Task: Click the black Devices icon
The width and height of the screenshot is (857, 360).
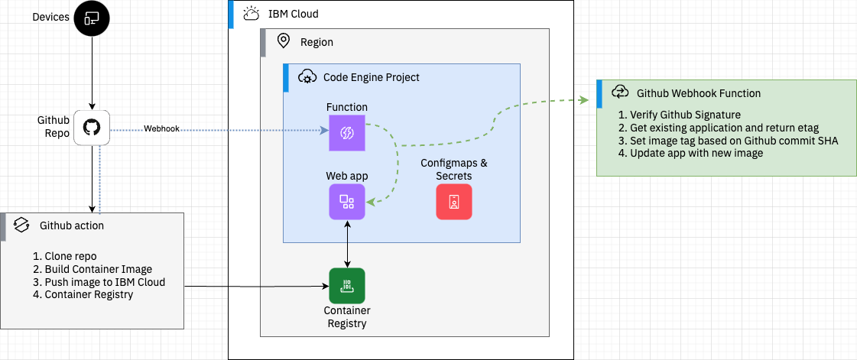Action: [x=92, y=18]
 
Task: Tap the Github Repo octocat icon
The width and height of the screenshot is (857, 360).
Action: [x=92, y=128]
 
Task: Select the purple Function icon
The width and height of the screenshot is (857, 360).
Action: [x=347, y=133]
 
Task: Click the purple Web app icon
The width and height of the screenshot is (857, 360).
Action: [x=347, y=202]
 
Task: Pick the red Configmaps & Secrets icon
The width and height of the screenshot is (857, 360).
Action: [x=454, y=202]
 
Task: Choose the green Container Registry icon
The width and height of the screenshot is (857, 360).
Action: [x=347, y=286]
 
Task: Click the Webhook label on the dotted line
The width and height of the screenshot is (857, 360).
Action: [x=161, y=129]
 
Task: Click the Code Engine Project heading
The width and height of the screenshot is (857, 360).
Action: [x=371, y=77]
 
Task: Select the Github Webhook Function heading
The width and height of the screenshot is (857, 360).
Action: [x=698, y=93]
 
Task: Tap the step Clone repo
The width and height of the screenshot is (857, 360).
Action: [x=65, y=256]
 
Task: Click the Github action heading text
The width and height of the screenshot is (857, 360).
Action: [x=71, y=225]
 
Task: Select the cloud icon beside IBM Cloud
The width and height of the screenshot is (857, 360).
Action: [x=250, y=14]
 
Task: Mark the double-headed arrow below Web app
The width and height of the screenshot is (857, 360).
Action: [x=347, y=244]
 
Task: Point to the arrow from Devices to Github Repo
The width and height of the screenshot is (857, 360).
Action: [x=92, y=73]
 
